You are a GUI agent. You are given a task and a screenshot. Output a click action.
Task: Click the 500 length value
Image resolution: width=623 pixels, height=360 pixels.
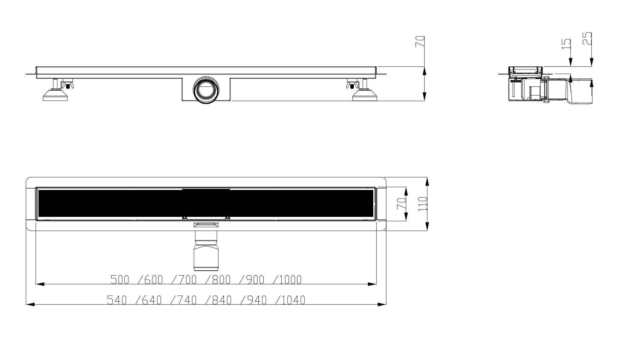click(120, 280)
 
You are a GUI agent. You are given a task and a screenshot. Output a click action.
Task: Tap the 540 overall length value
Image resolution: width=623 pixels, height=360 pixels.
click(117, 300)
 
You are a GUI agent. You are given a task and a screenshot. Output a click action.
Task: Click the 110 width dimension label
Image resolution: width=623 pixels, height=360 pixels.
click(422, 204)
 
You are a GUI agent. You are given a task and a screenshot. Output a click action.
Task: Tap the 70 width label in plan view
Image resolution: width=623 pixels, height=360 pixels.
click(401, 204)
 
